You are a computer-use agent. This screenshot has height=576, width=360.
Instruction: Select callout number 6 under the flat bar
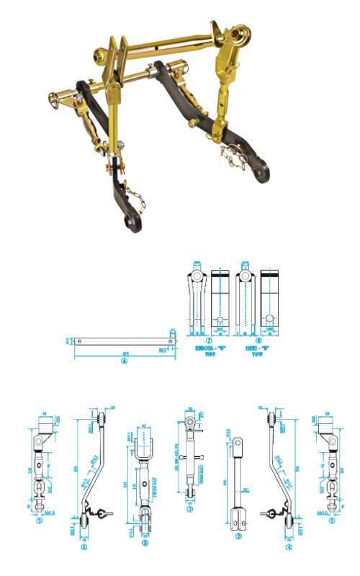(x=124, y=362)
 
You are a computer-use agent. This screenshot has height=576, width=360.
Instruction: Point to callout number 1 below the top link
(x=190, y=509)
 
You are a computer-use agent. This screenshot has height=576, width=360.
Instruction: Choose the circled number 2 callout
(x=238, y=537)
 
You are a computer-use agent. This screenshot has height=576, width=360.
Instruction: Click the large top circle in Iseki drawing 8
(x=246, y=275)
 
